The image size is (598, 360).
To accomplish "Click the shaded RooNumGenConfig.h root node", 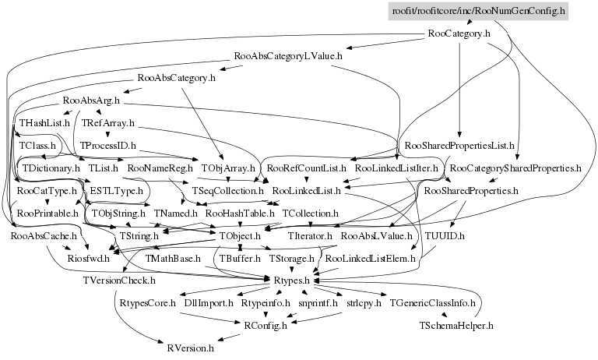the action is point(479,11).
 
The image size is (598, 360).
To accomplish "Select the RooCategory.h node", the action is point(459,34).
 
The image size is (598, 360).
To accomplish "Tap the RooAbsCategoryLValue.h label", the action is point(288,56).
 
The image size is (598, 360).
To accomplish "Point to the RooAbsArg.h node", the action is point(91,101).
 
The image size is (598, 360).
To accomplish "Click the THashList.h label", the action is point(44,123).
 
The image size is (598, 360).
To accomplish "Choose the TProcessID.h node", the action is point(108,146).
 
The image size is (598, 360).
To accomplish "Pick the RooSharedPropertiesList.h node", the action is point(459,146).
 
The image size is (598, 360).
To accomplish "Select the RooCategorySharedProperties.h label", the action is point(515,168).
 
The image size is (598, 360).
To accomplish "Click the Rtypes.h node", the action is point(292,281).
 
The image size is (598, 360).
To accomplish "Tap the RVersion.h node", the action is point(190,348).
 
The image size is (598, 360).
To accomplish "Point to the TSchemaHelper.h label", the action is point(456,326).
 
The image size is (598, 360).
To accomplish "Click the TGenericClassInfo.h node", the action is point(432,303).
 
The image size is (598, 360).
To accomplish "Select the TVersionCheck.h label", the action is point(119,281).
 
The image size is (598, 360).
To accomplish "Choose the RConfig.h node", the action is point(266,326).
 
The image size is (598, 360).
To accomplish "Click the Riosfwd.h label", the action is point(89,259).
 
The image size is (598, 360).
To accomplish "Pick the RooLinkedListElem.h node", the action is point(370,259).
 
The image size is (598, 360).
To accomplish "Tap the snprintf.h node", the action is point(318,303).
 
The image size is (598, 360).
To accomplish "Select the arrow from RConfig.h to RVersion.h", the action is point(229,338).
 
